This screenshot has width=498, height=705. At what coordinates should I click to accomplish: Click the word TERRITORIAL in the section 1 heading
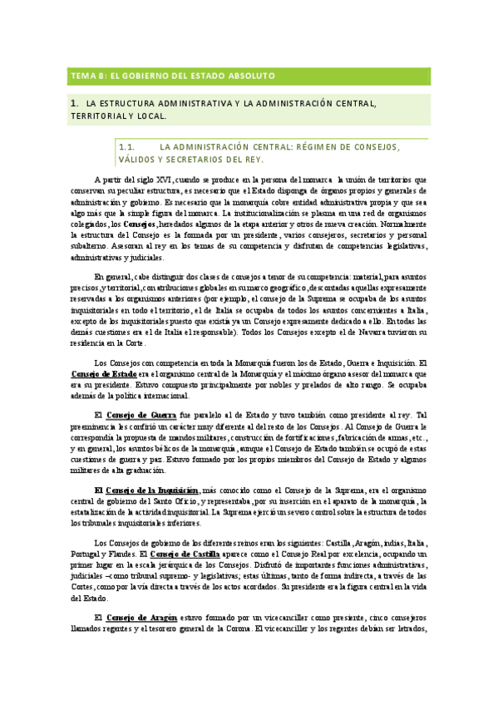click(x=101, y=117)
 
